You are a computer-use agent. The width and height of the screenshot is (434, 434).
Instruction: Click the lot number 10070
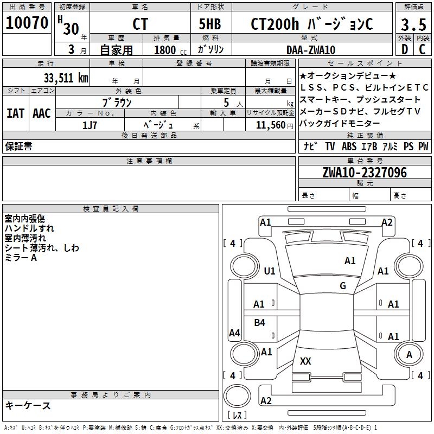27,23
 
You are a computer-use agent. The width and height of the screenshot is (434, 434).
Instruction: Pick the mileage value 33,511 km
66,78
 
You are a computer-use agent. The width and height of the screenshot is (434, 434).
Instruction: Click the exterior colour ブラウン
117,102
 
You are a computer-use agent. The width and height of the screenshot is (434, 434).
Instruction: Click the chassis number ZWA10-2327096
364,173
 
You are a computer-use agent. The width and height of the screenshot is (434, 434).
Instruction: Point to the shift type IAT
15,113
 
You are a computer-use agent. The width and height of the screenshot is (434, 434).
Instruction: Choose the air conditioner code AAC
42,113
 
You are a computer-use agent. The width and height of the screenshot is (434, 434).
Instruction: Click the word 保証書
18,146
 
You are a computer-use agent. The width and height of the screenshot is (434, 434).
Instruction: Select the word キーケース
28,406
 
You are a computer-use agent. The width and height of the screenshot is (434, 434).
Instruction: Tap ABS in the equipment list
349,146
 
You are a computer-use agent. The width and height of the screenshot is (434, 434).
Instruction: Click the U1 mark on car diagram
270,271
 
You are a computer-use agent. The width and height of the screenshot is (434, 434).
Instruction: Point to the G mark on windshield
343,286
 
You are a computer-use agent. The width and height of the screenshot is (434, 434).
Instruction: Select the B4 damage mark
260,323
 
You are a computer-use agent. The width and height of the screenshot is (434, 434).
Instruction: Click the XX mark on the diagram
305,361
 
